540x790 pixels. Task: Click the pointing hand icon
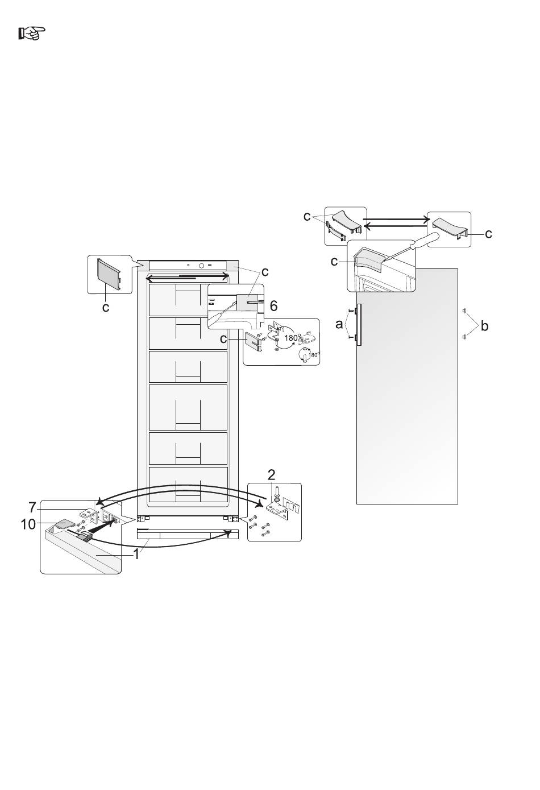(32, 33)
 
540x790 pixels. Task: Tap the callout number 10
(28, 524)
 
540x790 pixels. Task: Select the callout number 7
(32, 507)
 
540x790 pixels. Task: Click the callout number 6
(273, 306)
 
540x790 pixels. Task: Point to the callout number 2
(271, 475)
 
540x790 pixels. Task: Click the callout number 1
(136, 555)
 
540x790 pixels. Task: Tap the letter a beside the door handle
(339, 324)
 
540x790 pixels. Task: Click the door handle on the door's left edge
(359, 324)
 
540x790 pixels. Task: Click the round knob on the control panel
(202, 266)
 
